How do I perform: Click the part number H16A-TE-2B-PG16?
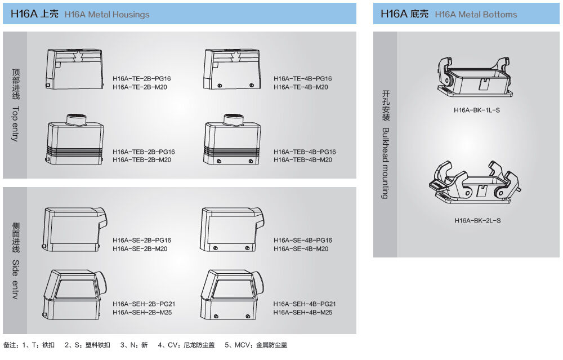click(x=141, y=79)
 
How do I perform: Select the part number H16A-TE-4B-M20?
click(x=301, y=87)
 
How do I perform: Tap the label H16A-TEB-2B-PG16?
click(x=144, y=152)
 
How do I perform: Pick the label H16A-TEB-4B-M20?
click(x=302, y=160)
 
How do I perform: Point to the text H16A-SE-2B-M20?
click(x=140, y=248)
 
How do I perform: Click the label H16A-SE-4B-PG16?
click(x=303, y=241)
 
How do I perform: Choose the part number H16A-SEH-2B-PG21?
click(x=144, y=304)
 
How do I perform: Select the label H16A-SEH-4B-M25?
click(x=302, y=312)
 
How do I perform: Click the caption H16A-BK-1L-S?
click(x=476, y=110)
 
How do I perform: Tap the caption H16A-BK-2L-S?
click(x=477, y=220)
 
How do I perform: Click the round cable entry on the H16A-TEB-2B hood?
click(x=75, y=119)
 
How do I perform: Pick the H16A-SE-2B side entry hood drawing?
click(x=74, y=228)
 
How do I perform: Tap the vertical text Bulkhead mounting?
click(x=386, y=163)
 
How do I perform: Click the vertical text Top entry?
click(x=15, y=124)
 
